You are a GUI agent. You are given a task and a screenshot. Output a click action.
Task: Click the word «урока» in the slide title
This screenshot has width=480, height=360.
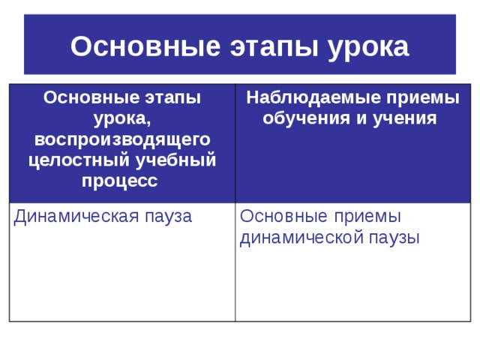point(367,46)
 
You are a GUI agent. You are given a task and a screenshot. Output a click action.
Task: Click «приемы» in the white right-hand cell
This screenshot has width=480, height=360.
point(366,217)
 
